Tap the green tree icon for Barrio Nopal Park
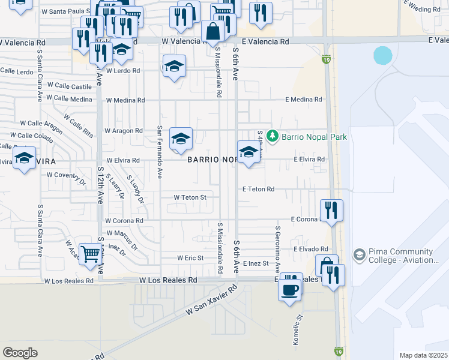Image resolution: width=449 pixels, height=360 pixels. coord(273,136)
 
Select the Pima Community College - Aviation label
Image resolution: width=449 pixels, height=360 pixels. coord(402,256)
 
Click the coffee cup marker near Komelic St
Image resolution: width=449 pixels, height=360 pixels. coord(290,290)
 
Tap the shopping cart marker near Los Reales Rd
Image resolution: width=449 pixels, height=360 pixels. coord(89,253)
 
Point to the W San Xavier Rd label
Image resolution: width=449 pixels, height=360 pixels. coord(212,301)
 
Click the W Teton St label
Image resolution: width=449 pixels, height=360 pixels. coord(190,197)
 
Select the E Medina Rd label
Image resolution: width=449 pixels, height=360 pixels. coord(304,100)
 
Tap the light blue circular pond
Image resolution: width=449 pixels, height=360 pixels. coord(383,56)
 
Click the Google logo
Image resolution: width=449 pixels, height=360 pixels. coord(20,352)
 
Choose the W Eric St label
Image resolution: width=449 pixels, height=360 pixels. coord(191,258)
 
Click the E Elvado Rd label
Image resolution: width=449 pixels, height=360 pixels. coord(311,248)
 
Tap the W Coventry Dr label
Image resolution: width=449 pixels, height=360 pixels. coord(66,175)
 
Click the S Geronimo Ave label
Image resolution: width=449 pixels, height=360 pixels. coord(278,244)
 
